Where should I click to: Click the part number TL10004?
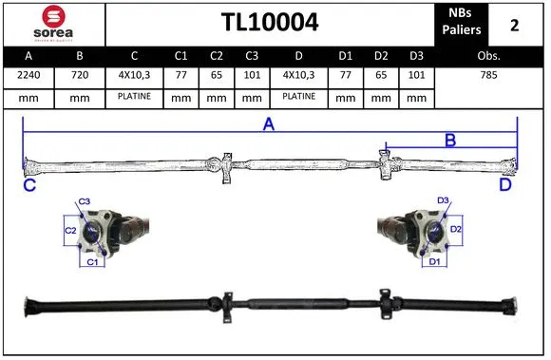270,23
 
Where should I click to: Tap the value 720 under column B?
79,72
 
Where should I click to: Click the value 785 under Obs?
489,72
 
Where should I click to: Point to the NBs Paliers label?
462,23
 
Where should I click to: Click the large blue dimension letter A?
269,124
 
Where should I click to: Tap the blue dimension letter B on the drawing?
450,141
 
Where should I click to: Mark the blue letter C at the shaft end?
29,185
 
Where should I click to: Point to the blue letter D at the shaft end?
505,185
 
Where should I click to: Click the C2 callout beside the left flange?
70,230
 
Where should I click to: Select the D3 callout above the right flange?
443,200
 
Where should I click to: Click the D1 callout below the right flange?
433,259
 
